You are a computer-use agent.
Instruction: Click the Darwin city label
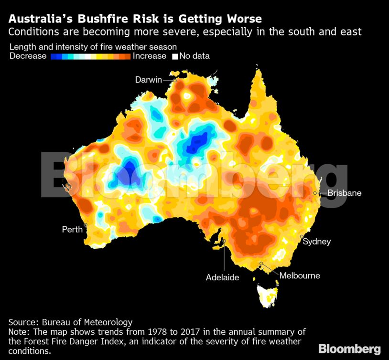pos(149,80)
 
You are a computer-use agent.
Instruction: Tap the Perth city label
pos(72,230)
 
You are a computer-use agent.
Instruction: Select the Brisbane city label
pos(344,193)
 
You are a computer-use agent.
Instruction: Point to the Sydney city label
pos(316,242)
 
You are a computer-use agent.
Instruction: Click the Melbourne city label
pos(300,275)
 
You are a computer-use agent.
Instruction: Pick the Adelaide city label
pos(222,277)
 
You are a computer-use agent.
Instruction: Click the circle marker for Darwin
pos(175,80)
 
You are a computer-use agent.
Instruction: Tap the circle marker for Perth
pos(86,224)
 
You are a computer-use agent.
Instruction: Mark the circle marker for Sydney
pos(302,236)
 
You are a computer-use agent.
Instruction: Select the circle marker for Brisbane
pos(315,193)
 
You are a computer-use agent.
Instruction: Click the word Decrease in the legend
pos(28,56)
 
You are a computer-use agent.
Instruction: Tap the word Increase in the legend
pos(150,56)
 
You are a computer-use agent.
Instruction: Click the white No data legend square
pos(175,56)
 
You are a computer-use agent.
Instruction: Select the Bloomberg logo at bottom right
pos(349,349)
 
